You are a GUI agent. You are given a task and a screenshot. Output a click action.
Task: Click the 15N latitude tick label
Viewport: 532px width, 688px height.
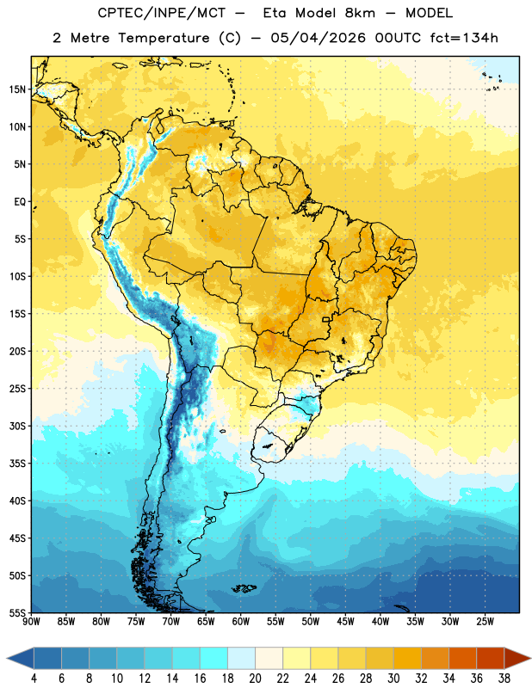[17, 89]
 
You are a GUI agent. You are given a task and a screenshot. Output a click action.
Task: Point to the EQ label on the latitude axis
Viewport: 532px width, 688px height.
[20, 202]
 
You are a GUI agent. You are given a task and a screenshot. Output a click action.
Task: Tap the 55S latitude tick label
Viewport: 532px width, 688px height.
[17, 612]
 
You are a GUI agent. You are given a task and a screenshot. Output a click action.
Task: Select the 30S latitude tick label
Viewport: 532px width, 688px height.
[17, 426]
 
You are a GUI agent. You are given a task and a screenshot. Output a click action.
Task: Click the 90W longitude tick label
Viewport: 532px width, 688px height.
[31, 622]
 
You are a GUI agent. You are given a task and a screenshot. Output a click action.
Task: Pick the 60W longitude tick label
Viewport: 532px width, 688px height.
[241, 622]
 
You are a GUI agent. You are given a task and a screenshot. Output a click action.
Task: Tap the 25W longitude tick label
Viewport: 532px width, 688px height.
[485, 622]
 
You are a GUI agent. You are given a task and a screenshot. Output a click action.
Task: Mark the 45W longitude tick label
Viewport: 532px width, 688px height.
[345, 622]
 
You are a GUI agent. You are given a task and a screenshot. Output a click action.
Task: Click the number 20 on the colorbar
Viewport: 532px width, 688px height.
[255, 679]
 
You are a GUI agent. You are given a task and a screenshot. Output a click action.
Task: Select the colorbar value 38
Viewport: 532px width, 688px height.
[504, 679]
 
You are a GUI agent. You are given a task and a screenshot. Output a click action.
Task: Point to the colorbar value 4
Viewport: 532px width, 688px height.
[34, 679]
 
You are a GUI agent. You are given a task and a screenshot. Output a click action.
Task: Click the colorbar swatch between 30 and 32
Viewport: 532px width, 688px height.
[407, 658]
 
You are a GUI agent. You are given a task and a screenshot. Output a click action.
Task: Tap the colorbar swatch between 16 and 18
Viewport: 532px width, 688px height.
[214, 658]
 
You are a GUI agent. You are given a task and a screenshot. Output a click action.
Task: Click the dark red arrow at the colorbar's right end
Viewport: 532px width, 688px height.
[517, 658]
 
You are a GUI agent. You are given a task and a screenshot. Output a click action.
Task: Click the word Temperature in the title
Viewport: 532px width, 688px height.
[164, 38]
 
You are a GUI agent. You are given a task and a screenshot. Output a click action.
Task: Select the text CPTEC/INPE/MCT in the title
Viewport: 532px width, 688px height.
[162, 13]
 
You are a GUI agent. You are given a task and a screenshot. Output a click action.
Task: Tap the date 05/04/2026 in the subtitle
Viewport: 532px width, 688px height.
[318, 38]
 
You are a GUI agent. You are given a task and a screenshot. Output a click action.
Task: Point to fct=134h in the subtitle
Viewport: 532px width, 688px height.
[464, 38]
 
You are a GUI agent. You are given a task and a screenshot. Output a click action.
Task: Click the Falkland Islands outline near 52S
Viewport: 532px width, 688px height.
[244, 588]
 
